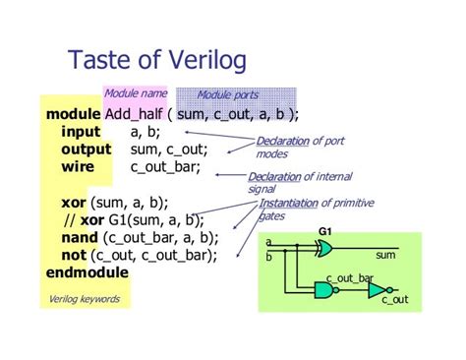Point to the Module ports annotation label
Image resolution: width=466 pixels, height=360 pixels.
227,94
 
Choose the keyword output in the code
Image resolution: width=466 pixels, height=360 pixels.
87,150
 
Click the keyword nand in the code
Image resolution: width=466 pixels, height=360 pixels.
81,237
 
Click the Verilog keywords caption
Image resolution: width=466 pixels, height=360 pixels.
85,299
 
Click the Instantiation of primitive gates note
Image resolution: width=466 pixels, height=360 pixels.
305,210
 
